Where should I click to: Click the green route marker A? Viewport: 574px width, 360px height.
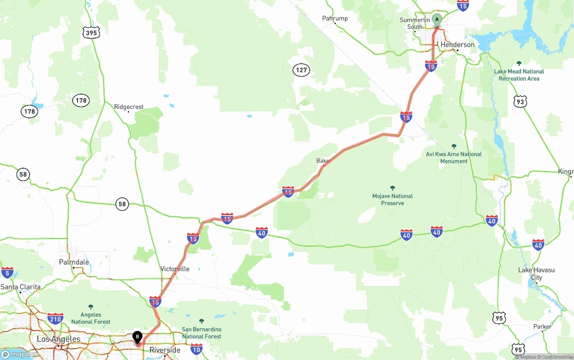[437, 20]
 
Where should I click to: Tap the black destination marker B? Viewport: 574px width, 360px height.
[137, 337]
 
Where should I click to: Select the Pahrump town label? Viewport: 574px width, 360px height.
[335, 18]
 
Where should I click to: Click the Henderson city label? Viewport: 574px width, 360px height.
[457, 45]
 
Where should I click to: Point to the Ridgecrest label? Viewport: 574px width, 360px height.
[129, 107]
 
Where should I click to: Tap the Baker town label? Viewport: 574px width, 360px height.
[324, 160]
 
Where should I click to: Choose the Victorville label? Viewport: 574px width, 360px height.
[175, 269]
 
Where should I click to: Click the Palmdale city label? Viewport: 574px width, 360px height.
[74, 262]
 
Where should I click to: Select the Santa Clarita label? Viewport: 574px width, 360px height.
[21, 287]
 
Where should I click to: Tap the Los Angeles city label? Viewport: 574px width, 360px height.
[58, 339]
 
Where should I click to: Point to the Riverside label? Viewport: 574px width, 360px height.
[165, 350]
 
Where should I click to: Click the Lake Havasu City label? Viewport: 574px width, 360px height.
[536, 273]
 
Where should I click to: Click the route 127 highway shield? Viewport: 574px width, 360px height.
[302, 70]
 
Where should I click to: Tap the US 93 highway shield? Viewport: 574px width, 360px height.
[520, 102]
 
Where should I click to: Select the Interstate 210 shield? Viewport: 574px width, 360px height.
[55, 319]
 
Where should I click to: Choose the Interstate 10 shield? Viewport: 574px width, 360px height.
[196, 348]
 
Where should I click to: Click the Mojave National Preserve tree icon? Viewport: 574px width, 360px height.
[392, 188]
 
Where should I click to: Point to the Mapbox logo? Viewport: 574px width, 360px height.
[19, 355]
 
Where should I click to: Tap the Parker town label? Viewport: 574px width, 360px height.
[543, 326]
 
